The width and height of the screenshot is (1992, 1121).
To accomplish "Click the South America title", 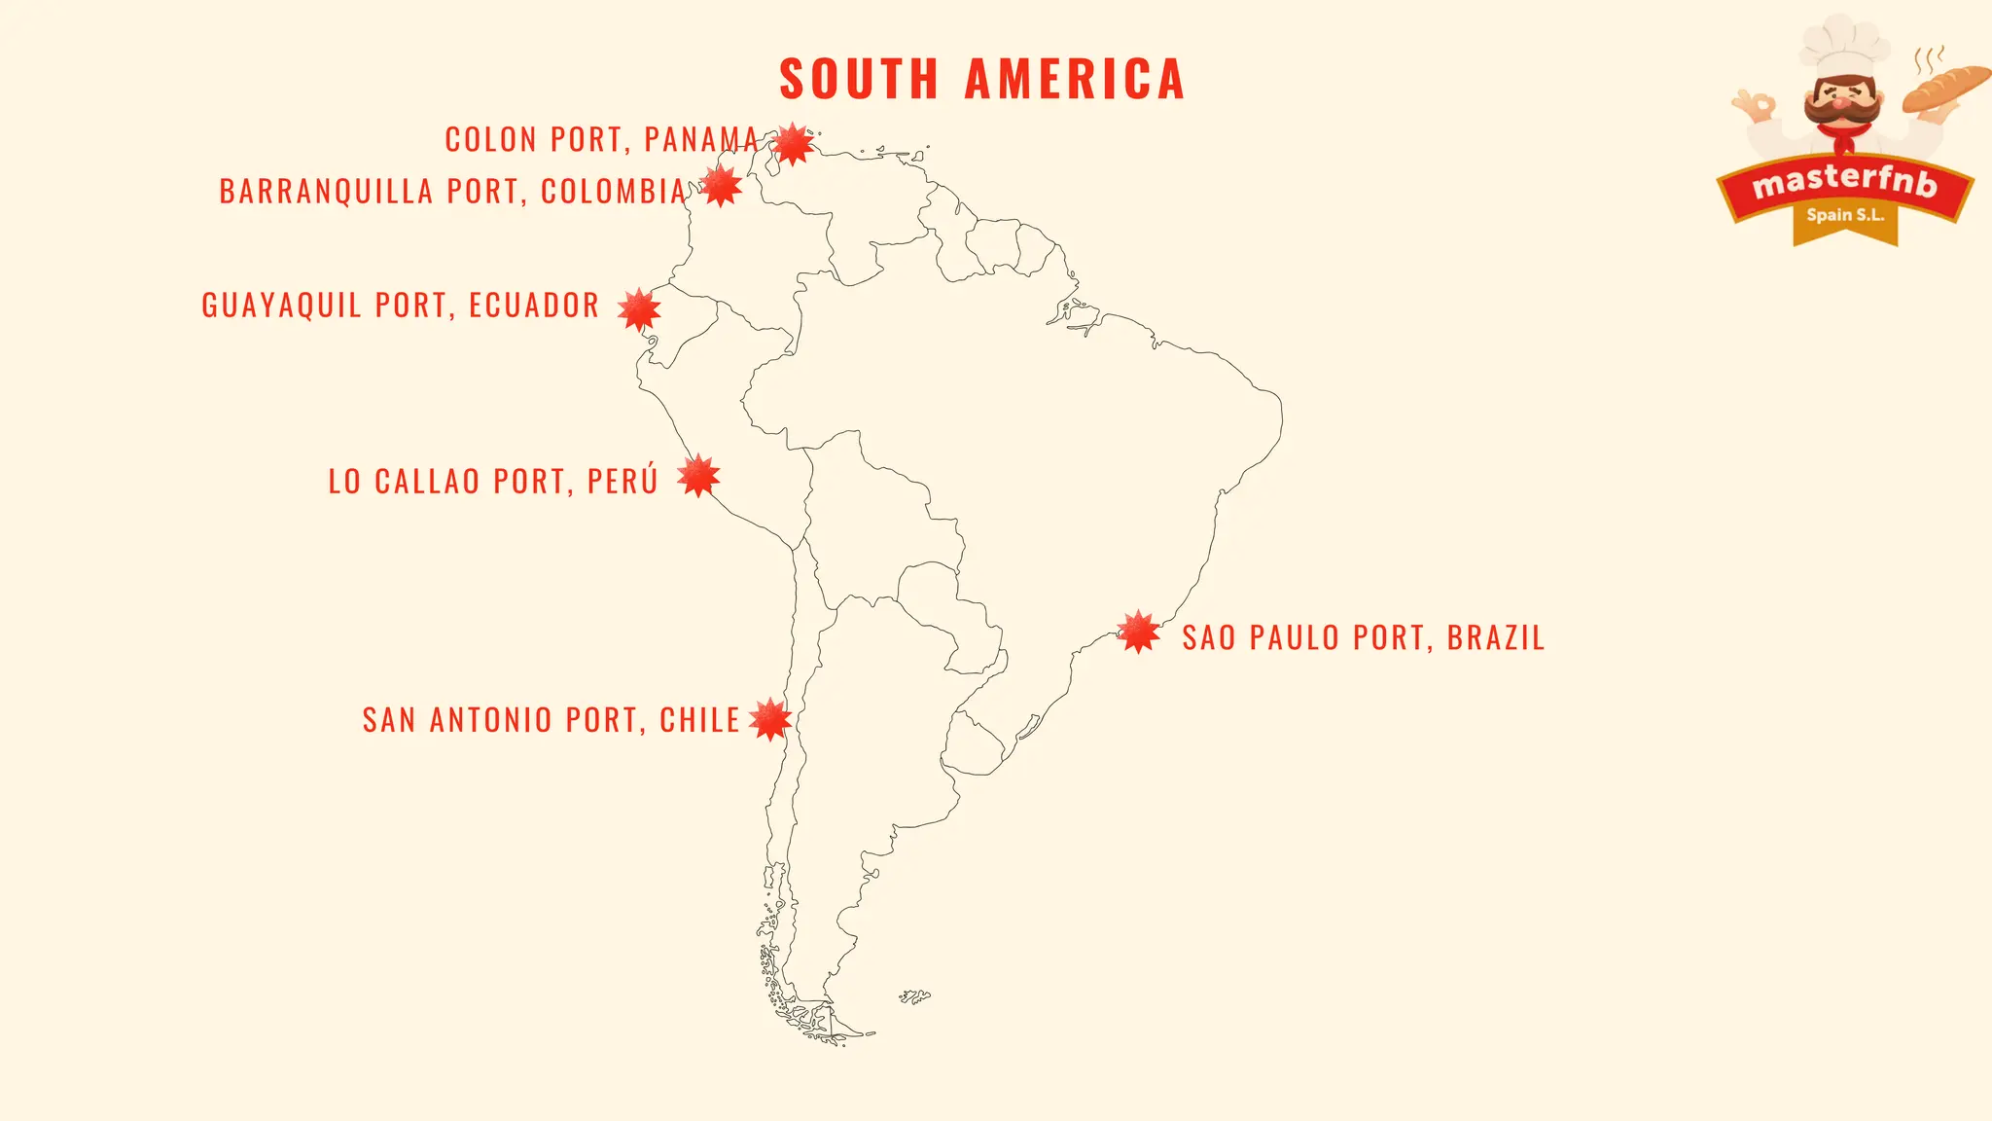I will (x=982, y=80).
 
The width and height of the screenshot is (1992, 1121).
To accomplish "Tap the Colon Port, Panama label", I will (x=601, y=140).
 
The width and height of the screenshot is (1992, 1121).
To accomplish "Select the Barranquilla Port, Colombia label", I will (x=453, y=192).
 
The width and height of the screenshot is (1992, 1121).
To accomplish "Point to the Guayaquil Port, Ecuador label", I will (x=400, y=306).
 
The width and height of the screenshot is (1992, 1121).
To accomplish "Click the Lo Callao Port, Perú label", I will (x=493, y=482).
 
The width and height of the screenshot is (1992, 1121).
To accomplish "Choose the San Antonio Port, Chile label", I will (x=551, y=720).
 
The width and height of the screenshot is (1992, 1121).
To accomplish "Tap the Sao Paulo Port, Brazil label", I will (x=1363, y=638).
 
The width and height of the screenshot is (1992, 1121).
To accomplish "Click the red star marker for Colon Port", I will (x=794, y=144).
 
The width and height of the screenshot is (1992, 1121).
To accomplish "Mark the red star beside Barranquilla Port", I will (x=721, y=186).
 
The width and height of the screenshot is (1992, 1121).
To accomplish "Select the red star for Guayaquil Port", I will (x=639, y=310).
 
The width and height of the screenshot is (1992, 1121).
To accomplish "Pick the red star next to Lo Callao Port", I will (x=698, y=476).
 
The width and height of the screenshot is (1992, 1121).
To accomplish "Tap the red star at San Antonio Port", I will (x=770, y=720).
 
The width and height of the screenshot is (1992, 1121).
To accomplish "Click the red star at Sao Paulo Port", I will (x=1138, y=633).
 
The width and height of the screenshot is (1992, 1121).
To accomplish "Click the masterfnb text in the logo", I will (x=1844, y=182).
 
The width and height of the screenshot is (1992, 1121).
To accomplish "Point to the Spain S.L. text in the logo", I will (x=1845, y=215).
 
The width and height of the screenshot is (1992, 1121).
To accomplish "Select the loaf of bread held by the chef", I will (x=1945, y=88).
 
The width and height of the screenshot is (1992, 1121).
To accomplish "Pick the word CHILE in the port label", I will (x=699, y=720).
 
